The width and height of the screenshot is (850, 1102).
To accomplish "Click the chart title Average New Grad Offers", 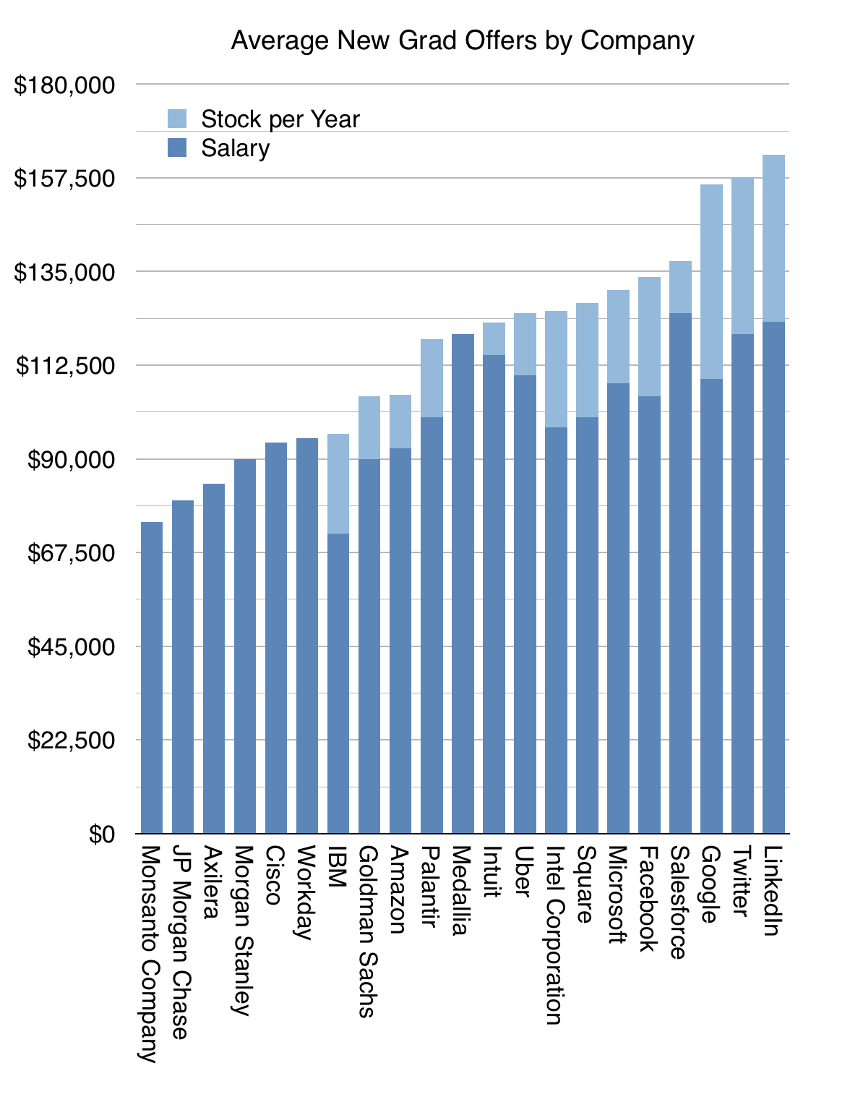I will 463,40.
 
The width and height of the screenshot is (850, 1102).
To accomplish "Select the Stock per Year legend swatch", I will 177,119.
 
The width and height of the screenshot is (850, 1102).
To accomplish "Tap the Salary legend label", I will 235,148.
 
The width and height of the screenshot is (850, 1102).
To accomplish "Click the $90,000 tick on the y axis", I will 71,460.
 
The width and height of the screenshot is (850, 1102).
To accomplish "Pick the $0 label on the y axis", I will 101,834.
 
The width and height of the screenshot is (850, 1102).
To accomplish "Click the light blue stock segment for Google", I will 711,282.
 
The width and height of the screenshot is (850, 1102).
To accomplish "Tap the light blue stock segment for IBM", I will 338,483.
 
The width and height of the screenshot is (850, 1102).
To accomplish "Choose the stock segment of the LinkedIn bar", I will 773,239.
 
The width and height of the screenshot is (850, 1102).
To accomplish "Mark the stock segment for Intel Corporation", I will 556,369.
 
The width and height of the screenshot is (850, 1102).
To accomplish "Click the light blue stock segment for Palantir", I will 432,378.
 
